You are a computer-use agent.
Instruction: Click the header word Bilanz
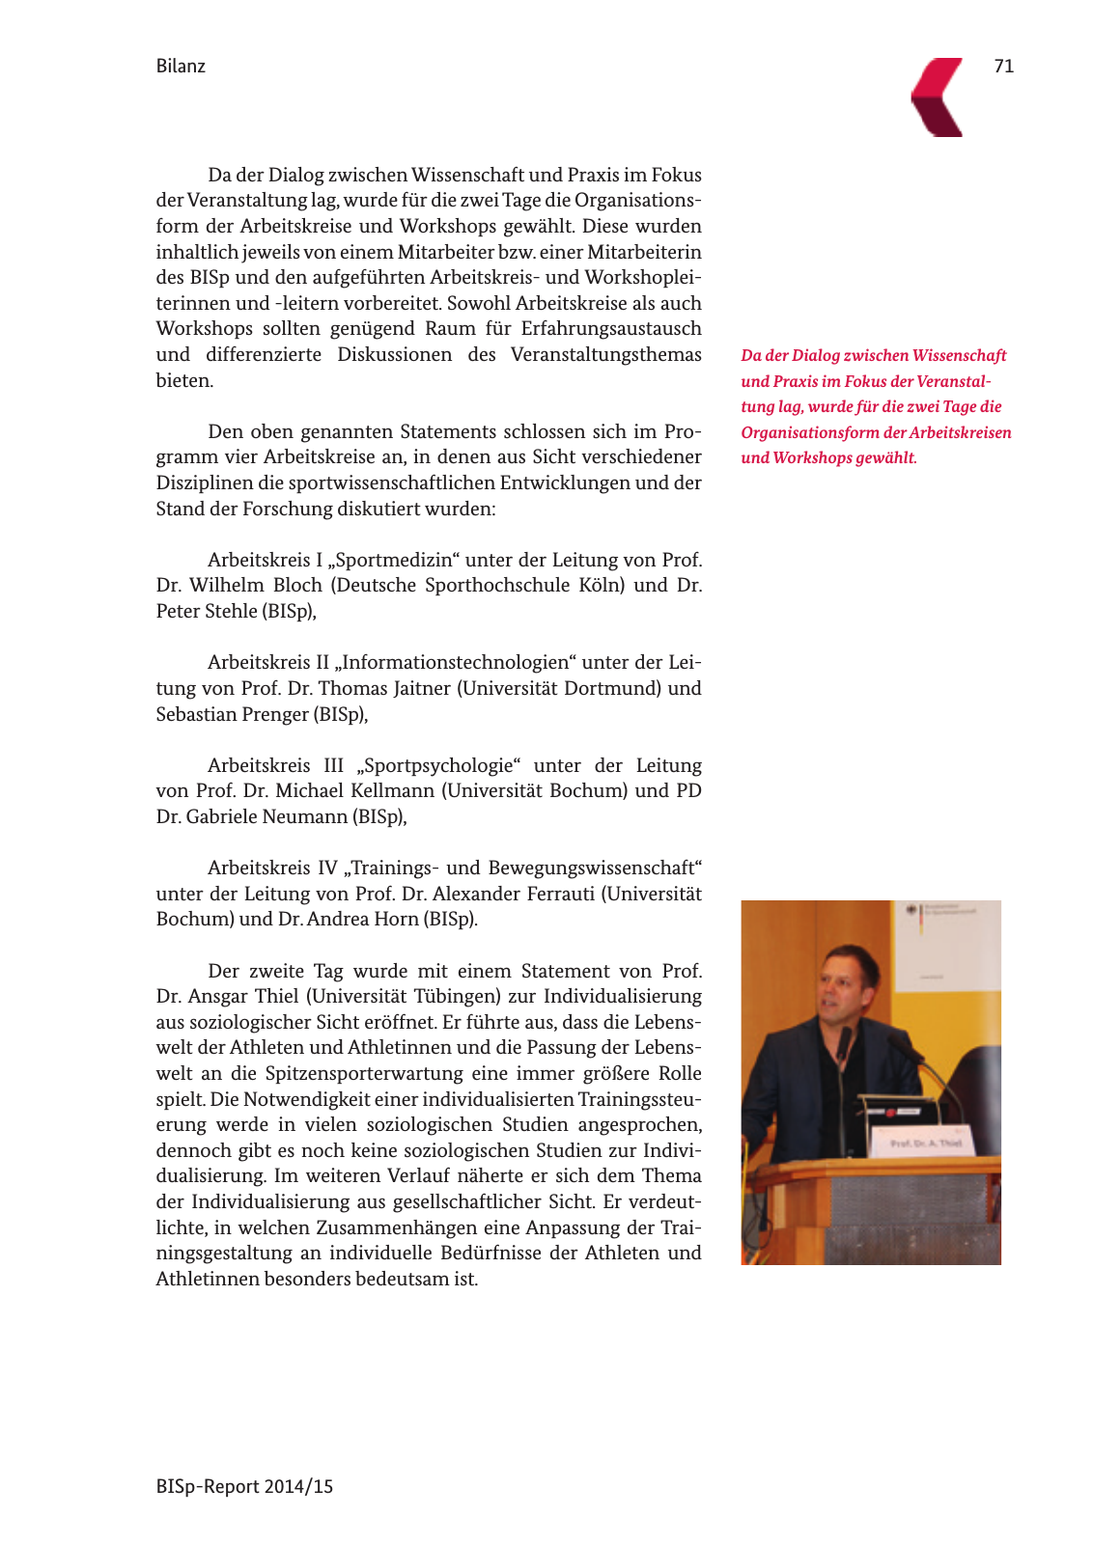[x=181, y=67]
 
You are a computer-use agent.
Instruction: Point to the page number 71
[x=1003, y=66]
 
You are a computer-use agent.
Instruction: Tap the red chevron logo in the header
[x=939, y=97]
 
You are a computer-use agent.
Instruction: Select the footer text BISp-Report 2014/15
[x=244, y=1486]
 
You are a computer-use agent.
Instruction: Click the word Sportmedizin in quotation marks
[x=397, y=560]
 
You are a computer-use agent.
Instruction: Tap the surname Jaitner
[x=422, y=688]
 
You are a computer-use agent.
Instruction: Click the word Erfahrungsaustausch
[x=611, y=328]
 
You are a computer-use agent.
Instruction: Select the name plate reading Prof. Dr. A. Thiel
[x=924, y=1143]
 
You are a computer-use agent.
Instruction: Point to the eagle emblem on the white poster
[x=911, y=910]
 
